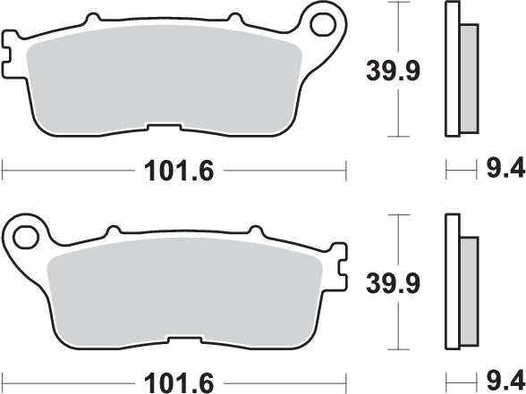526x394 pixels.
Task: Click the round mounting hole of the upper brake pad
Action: [x=323, y=23]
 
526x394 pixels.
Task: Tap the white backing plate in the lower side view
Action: [x=451, y=286]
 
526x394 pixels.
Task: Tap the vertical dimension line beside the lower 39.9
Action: [x=395, y=284]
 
